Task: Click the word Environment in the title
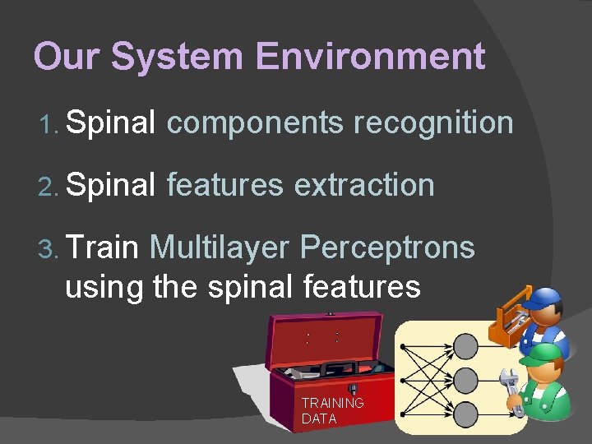click(370, 57)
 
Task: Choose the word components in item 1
click(255, 123)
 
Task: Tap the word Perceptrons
click(387, 247)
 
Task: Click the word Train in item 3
click(104, 247)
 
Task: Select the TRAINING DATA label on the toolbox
click(331, 410)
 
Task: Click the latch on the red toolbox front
click(353, 389)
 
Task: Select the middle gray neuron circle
click(465, 379)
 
